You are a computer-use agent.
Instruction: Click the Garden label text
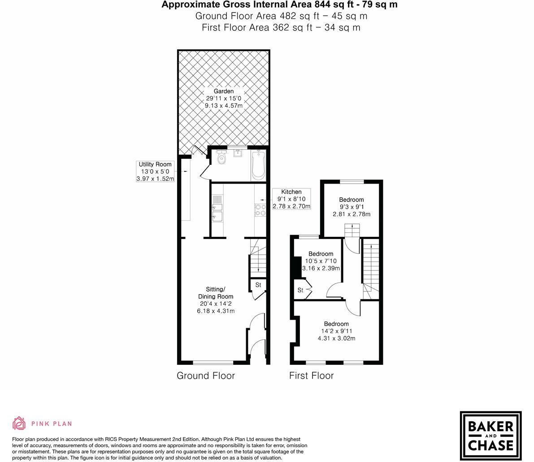pos(223,91)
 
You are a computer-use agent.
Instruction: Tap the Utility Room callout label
pos(155,171)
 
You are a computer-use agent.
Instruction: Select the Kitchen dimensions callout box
pos(291,199)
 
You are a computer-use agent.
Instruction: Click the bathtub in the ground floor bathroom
pos(259,166)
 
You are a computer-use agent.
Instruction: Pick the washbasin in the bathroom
pos(238,154)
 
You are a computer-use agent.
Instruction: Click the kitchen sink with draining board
pos(217,210)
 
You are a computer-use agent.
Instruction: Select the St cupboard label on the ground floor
pos(258,285)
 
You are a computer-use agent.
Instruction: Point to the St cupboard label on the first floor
pos(300,291)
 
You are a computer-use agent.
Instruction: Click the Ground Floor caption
pos(206,376)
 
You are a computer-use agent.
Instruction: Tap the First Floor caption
pos(311,376)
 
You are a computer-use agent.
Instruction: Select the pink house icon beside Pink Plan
pos(19,423)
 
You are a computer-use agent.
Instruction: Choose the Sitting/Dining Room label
pos(216,293)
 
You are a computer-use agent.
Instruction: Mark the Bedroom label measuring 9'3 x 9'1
pos(351,200)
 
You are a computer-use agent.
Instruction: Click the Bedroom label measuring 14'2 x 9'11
pos(336,324)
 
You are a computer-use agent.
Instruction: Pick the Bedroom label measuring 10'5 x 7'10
pos(321,254)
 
